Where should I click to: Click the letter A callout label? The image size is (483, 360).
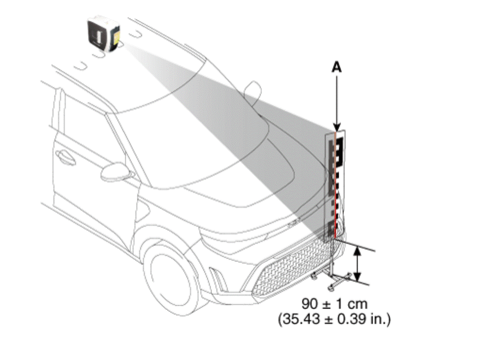tap(336, 67)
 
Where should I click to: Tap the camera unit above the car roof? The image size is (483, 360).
tap(103, 34)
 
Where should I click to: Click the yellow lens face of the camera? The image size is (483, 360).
tap(116, 37)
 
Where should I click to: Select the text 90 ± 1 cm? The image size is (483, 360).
tap(334, 304)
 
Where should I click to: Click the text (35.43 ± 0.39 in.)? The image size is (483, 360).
tap(334, 319)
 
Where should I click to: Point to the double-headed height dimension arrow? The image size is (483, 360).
tap(357, 264)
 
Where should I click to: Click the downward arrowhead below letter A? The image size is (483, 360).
tap(337, 127)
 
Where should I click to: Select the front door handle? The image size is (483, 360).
tap(65, 157)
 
